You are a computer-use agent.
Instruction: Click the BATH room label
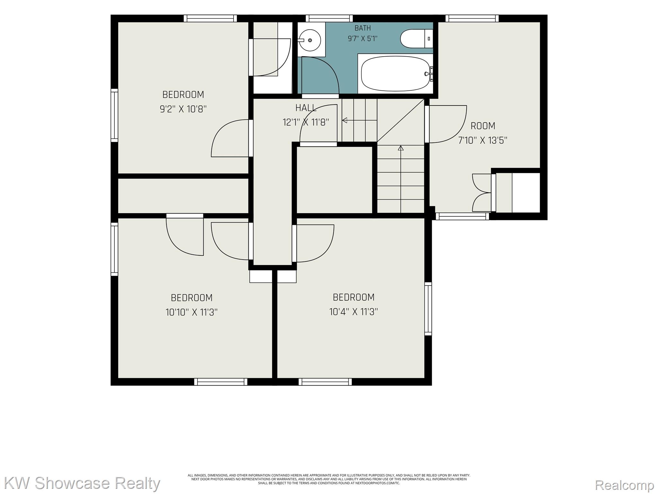(362, 28)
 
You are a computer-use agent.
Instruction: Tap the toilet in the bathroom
(416, 39)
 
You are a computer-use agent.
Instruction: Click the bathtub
(396, 74)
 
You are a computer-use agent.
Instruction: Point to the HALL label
(306, 108)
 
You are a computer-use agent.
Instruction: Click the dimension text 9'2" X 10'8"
(183, 109)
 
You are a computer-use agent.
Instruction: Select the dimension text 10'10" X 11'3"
(191, 312)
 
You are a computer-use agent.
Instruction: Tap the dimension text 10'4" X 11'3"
(353, 312)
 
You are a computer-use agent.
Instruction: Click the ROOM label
(483, 126)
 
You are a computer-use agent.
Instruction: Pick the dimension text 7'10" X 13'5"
(483, 140)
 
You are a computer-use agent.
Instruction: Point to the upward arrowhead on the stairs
(401, 148)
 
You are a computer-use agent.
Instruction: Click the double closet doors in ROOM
(482, 193)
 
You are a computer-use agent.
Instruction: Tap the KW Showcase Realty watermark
(82, 484)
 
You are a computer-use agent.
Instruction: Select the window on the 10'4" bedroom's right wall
(428, 309)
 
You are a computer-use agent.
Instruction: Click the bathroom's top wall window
(329, 19)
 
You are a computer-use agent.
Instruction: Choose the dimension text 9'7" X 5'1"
(362, 39)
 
